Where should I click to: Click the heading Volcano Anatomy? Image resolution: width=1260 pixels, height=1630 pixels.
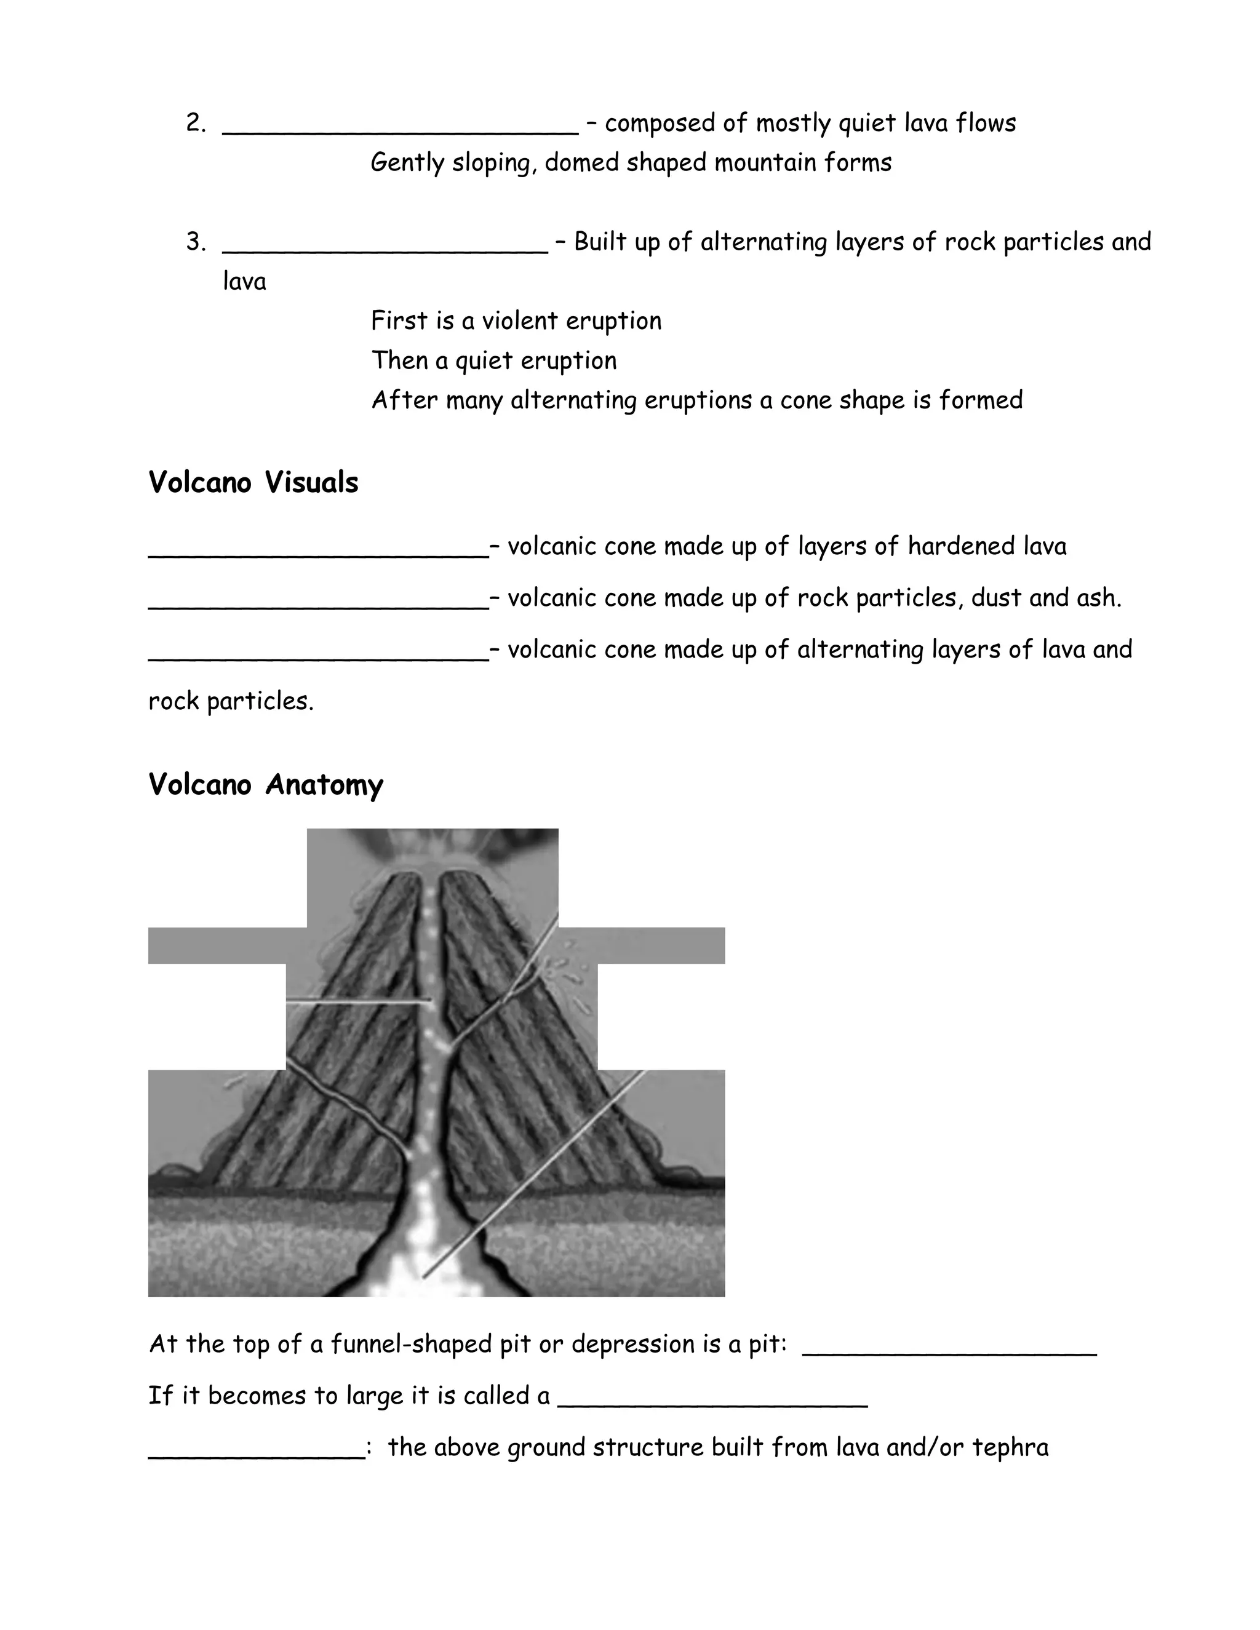(266, 784)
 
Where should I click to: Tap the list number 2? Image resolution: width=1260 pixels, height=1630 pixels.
(196, 123)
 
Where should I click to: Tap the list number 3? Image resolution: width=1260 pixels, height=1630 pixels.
(196, 242)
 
